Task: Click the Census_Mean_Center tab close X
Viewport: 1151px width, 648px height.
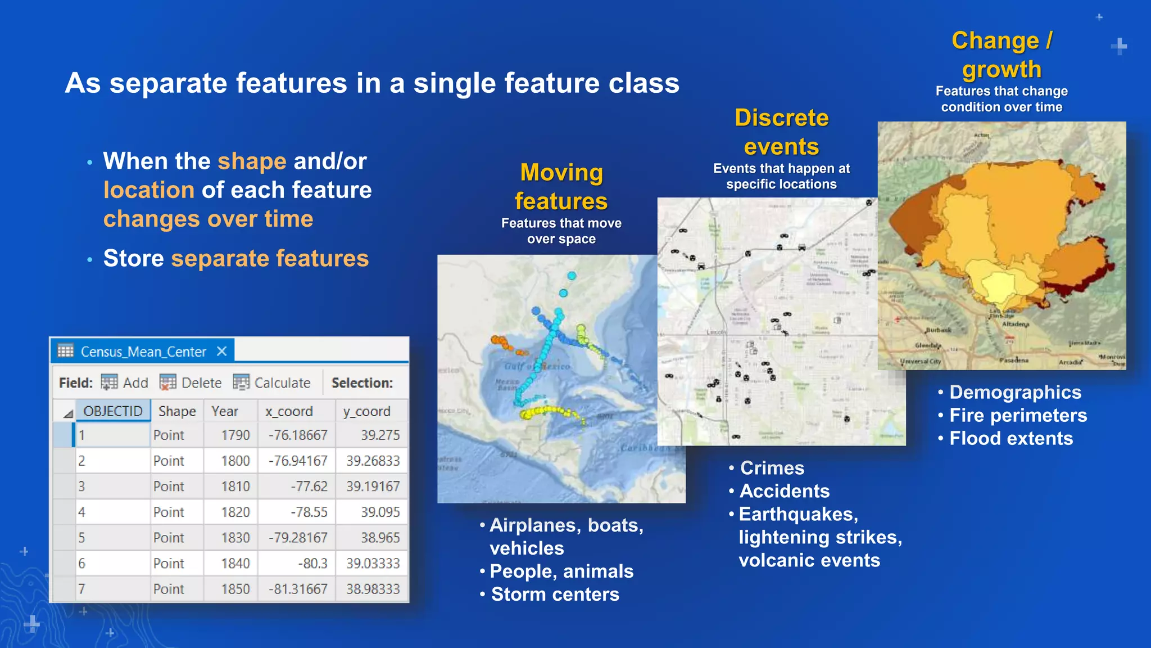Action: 222,352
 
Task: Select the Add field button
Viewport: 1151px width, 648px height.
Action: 125,383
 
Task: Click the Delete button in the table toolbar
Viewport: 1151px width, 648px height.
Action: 191,383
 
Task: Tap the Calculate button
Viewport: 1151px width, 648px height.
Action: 272,383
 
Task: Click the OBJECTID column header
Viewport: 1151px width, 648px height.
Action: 113,411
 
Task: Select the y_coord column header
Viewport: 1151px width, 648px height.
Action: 366,411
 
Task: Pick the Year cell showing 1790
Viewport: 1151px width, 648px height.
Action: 235,435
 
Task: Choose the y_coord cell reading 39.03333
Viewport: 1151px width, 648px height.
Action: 373,564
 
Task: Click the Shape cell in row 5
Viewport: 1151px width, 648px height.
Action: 169,538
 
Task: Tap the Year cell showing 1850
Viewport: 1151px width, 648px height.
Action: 235,589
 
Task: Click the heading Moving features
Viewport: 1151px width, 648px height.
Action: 561,187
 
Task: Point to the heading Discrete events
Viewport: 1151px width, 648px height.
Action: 781,132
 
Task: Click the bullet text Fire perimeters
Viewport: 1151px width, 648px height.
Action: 1018,415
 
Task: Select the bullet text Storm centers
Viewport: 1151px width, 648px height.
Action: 555,595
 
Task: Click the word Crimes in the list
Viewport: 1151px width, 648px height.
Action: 772,468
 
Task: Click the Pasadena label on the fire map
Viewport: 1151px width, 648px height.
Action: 1014,360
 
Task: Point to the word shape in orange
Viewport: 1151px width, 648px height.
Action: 252,161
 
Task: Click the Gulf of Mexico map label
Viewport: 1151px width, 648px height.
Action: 537,367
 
